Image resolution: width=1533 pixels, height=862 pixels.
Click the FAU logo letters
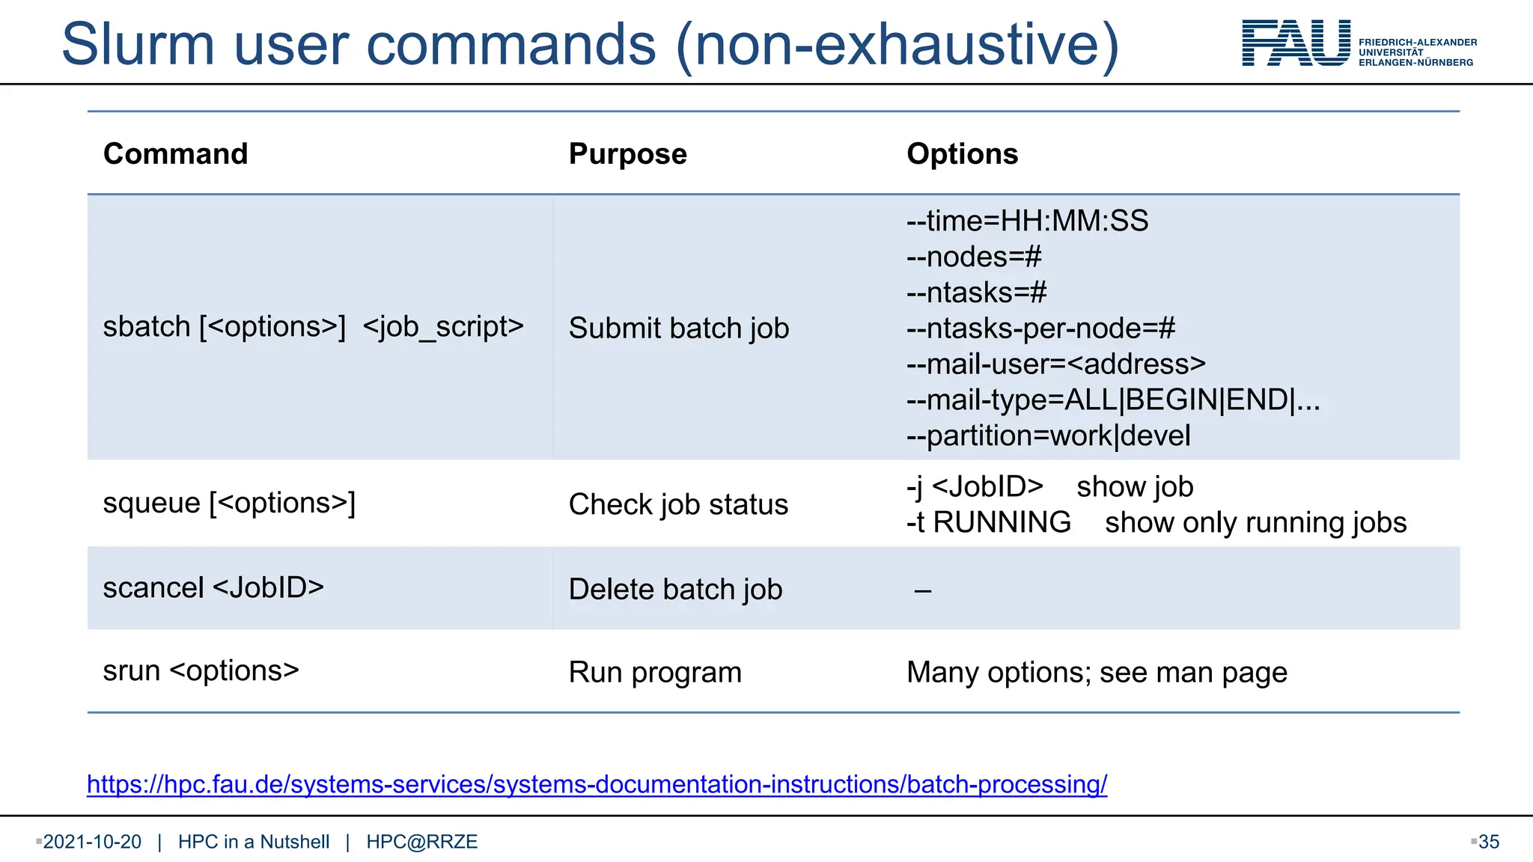point(1296,43)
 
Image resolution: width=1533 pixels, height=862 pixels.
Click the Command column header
point(175,153)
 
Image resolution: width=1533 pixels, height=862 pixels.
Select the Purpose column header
point(627,153)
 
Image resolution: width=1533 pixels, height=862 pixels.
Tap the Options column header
point(962,153)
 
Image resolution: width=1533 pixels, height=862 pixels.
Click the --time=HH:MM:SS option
point(1027,221)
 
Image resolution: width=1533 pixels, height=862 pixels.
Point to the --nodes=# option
point(973,257)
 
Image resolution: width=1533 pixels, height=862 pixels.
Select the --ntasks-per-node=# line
point(1040,328)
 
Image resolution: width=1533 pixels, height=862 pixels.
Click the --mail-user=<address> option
point(1055,364)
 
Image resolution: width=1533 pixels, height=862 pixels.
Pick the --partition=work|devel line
point(1048,435)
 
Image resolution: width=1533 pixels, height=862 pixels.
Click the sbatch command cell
point(313,327)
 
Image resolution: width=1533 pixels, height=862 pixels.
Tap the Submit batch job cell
point(678,328)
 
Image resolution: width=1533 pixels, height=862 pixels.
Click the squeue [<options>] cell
point(229,503)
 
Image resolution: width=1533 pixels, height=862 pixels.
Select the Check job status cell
point(678,504)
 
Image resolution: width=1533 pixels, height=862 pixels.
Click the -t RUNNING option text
point(988,522)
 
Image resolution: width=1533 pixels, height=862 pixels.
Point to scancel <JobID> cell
point(213,587)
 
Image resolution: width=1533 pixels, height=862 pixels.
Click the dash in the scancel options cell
point(922,591)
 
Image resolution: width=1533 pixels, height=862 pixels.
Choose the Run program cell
point(655,672)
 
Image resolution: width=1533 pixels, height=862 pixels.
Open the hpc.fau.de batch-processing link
point(597,784)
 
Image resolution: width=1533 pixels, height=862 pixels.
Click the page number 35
point(1488,842)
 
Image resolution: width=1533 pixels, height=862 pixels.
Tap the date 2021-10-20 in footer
point(92,842)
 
